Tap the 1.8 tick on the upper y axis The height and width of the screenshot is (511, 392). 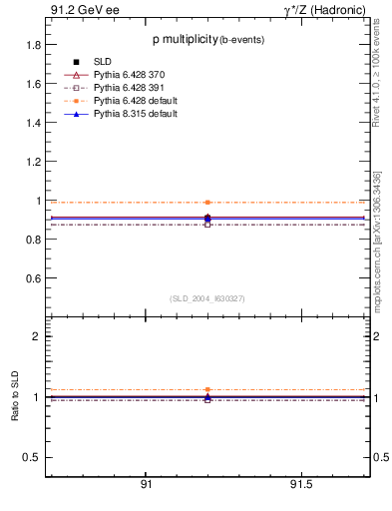[x=33, y=45]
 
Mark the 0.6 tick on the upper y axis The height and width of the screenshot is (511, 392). [x=33, y=278]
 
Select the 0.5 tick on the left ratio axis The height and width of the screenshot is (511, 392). [x=31, y=458]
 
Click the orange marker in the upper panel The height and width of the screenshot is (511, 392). [x=207, y=202]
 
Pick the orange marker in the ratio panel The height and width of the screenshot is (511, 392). [x=207, y=389]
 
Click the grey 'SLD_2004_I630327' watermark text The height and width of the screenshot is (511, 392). [x=206, y=298]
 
